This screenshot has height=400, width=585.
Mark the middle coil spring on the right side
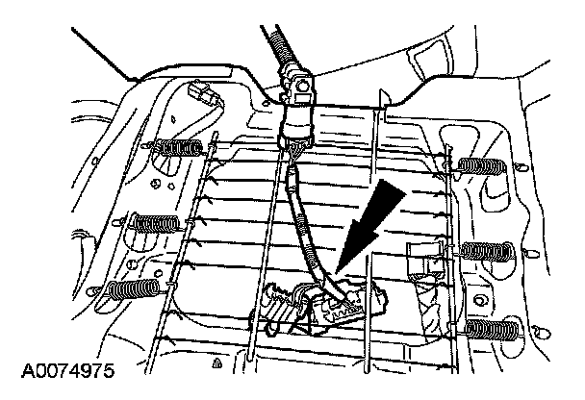pyautogui.click(x=486, y=252)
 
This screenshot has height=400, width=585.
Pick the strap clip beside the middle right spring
pyautogui.click(x=423, y=260)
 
